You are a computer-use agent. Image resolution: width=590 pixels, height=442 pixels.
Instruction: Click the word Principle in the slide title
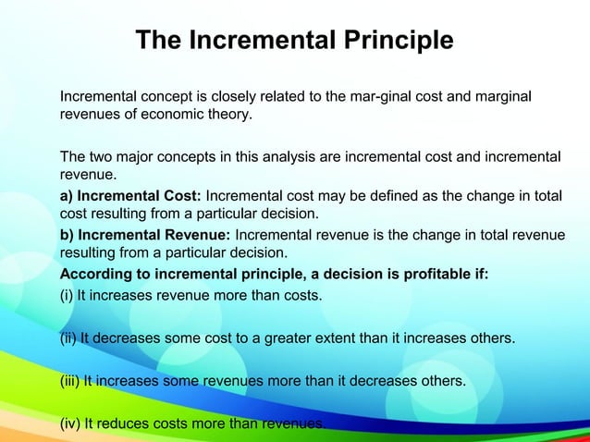click(395, 41)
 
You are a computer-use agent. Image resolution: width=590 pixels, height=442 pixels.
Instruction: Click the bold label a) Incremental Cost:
click(130, 195)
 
